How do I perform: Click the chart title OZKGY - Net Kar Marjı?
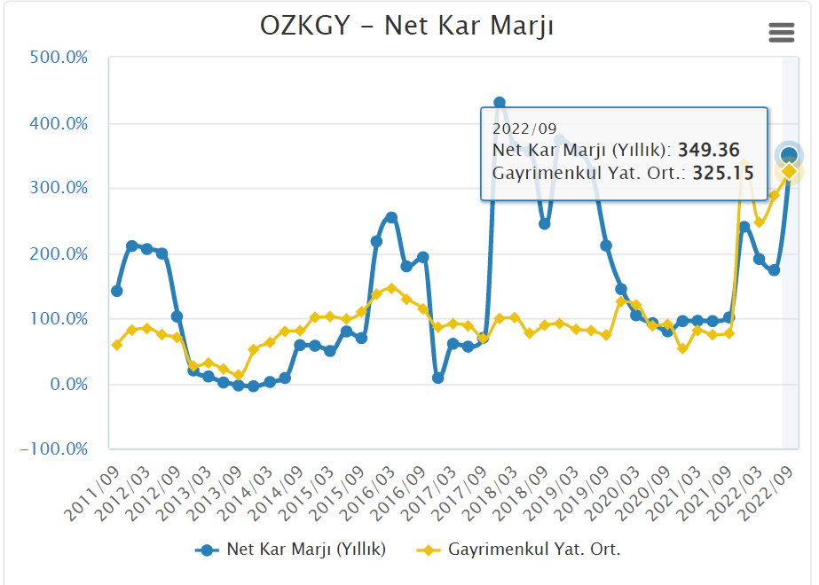coord(407,26)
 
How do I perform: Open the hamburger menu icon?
coord(781,33)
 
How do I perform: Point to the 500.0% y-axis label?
coord(59,58)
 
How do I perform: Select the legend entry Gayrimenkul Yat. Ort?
coord(533,550)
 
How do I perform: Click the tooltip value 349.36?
coord(708,151)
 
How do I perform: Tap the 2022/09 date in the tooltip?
coord(524,129)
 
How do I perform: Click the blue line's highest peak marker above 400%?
coord(499,104)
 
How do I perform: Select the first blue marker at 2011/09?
coord(116,291)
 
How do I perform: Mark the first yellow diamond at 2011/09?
coord(116,345)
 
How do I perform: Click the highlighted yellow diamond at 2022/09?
coord(789,171)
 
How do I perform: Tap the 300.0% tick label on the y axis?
coord(59,188)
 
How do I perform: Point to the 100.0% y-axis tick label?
coord(59,319)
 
